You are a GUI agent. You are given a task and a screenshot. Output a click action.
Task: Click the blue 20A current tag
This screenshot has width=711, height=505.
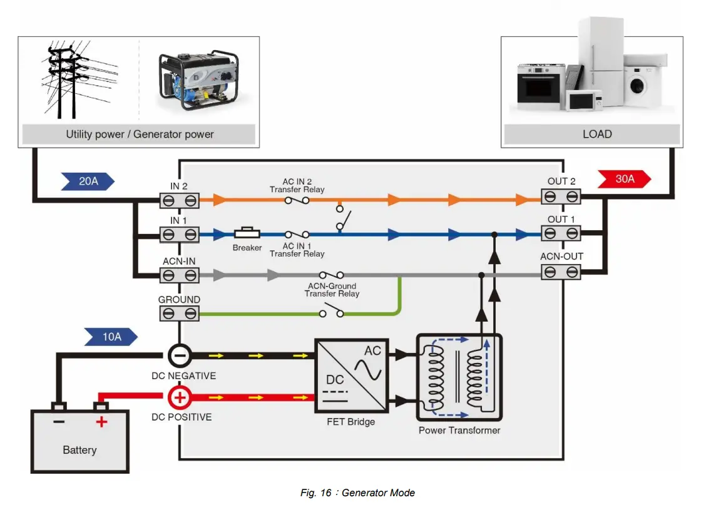point(88,181)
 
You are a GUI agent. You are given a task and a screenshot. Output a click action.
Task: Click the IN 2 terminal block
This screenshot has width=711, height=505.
point(179,200)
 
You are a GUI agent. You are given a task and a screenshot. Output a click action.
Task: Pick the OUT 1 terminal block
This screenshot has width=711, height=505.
point(561,233)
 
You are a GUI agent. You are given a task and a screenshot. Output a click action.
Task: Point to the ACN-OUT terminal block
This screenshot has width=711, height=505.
point(561,272)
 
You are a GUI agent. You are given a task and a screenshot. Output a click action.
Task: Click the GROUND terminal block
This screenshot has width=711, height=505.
point(179,314)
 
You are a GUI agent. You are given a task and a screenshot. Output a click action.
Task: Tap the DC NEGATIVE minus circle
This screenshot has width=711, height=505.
point(179,356)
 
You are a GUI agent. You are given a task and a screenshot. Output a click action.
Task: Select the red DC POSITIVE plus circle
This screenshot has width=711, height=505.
point(179,397)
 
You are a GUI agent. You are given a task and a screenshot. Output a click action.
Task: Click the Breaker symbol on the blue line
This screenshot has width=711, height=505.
point(247,234)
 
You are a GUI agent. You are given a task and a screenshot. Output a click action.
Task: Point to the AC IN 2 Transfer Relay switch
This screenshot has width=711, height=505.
point(297,200)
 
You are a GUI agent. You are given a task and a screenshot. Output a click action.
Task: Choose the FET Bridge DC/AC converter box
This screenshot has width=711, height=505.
point(350,375)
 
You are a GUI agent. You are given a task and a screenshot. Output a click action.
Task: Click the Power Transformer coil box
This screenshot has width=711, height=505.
point(459,377)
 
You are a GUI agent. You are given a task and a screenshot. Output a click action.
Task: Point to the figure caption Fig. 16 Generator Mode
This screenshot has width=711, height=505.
point(357,492)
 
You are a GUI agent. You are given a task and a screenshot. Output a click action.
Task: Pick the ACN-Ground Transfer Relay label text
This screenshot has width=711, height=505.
point(332,290)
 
